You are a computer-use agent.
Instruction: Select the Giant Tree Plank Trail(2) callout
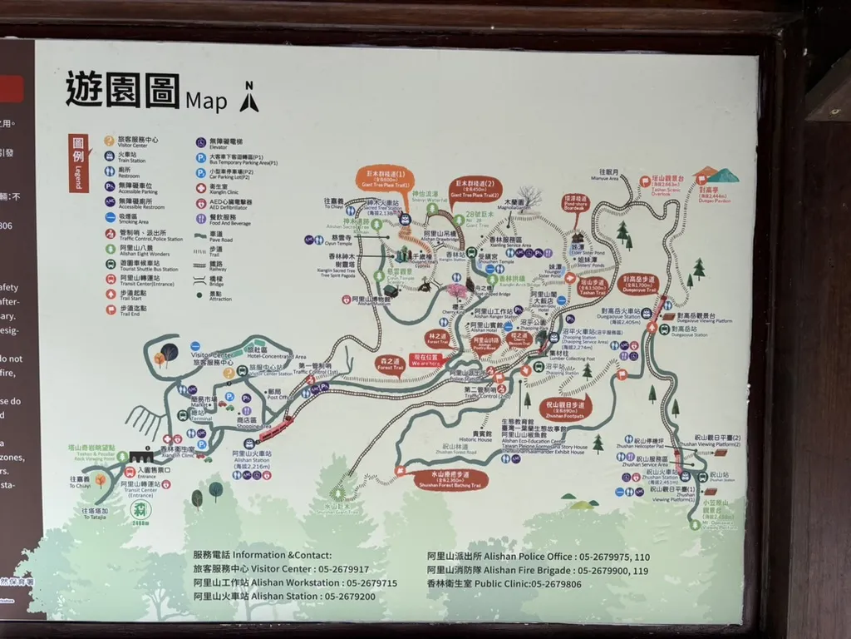click(x=473, y=187)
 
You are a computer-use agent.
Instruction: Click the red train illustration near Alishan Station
click(x=276, y=428)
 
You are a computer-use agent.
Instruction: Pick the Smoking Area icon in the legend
click(x=109, y=216)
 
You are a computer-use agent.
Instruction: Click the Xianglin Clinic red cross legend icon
click(x=201, y=187)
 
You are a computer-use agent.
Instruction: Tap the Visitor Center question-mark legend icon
click(x=109, y=140)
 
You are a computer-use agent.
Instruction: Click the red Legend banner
click(x=78, y=162)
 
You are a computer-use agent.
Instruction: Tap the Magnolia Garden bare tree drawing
click(x=529, y=198)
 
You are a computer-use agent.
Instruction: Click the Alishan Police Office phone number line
click(x=539, y=557)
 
